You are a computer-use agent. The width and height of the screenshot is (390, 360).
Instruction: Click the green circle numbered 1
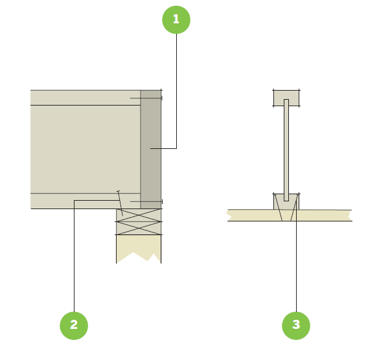[176, 20]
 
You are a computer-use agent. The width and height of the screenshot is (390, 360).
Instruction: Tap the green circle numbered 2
[74, 325]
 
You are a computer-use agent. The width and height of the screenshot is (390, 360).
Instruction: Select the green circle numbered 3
[296, 325]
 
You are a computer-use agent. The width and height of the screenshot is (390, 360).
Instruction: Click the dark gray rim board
[151, 129]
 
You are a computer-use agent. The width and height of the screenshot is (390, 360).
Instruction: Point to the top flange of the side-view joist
[84, 97]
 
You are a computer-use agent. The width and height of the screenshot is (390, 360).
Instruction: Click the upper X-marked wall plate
[138, 215]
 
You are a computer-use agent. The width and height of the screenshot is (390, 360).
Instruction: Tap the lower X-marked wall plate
[138, 228]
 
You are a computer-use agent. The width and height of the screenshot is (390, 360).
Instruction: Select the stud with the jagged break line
[138, 246]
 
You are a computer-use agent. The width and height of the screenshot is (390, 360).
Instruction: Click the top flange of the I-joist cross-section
[286, 98]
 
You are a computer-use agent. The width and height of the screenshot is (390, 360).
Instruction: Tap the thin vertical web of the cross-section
[286, 149]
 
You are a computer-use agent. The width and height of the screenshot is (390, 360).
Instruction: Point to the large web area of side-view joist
[84, 149]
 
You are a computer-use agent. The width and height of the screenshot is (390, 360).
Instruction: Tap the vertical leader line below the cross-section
[296, 272]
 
